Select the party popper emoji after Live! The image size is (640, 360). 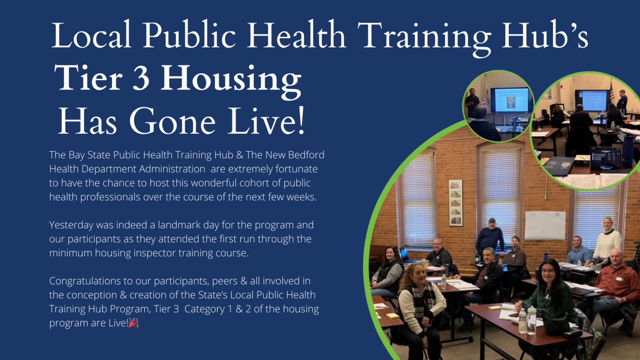[x=134, y=323]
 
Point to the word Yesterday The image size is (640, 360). [x=71, y=225]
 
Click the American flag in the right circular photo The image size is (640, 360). [x=612, y=92]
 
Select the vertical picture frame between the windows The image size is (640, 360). [x=456, y=202]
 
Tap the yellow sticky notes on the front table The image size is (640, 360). [x=495, y=308]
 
